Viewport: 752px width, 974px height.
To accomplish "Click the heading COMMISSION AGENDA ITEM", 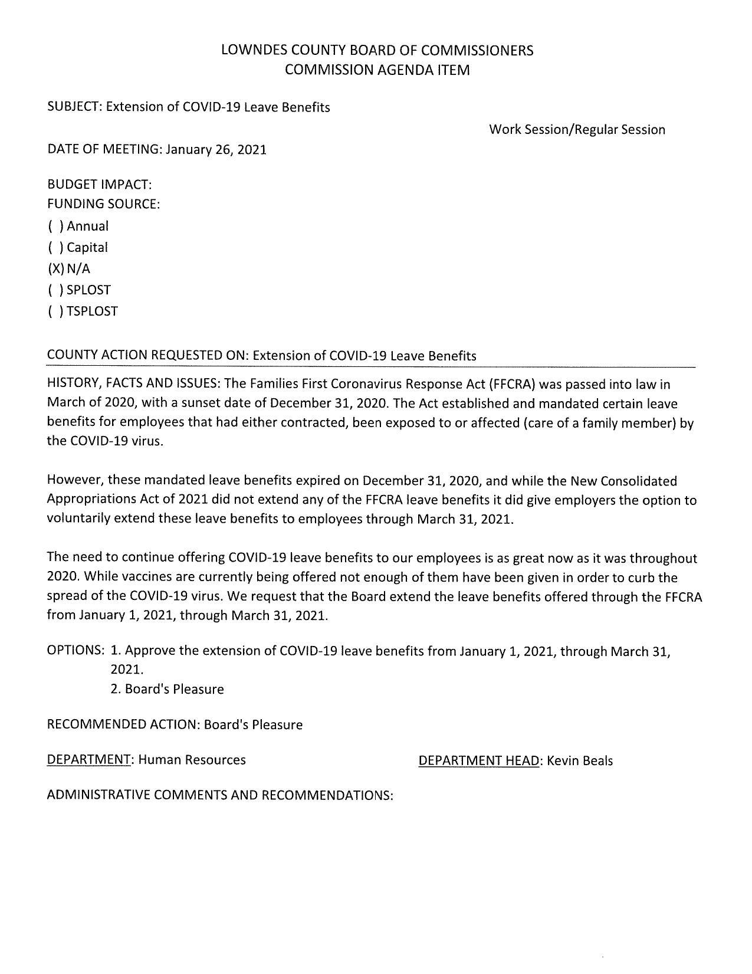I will [377, 70].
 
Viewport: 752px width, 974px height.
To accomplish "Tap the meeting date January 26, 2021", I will [216, 149].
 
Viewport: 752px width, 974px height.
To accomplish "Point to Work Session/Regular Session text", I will [577, 130].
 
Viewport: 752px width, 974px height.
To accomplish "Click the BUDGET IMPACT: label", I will [99, 185].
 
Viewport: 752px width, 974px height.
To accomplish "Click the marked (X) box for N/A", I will [55, 269].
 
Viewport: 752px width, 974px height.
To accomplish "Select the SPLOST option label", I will [88, 290].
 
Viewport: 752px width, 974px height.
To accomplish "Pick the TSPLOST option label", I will [92, 311].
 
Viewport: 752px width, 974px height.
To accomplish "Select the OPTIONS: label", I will [75, 650].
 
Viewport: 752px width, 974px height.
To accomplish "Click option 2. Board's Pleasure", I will [167, 689].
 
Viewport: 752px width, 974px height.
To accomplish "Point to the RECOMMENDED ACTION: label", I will [123, 724].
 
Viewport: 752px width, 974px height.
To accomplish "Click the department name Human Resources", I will [192, 760].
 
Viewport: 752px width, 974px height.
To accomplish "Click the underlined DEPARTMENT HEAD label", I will [479, 761].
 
